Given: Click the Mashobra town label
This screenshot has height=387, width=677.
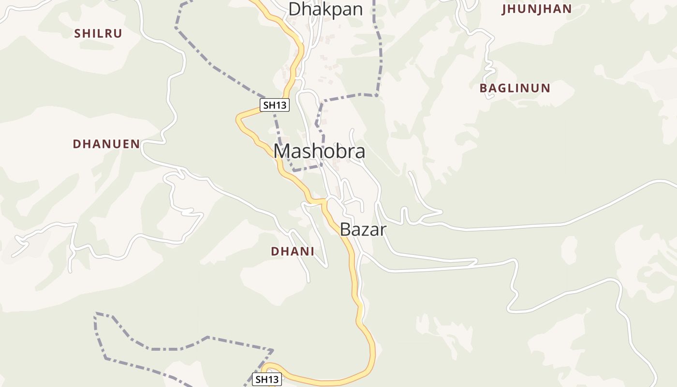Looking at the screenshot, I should click(319, 151).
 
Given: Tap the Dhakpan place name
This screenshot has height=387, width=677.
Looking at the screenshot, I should click(325, 9).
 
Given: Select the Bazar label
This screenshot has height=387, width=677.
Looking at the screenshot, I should click(363, 229).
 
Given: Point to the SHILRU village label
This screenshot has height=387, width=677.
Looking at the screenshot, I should click(98, 33).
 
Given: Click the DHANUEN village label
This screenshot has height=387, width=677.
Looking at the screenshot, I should click(106, 144).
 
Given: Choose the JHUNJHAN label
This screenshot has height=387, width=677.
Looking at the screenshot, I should click(537, 9).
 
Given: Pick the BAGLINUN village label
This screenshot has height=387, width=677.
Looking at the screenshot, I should click(515, 88).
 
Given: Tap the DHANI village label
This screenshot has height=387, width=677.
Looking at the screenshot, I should click(293, 251).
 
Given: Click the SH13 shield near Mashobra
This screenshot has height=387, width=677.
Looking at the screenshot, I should click(275, 105).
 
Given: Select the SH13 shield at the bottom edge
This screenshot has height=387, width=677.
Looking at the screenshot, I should click(267, 379).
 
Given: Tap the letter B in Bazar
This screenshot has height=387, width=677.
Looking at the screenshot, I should click(345, 229).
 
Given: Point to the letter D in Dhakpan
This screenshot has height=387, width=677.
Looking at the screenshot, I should click(294, 9).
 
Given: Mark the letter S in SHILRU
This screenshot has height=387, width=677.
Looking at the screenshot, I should click(77, 33).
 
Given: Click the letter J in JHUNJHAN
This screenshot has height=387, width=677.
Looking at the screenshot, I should click(504, 9).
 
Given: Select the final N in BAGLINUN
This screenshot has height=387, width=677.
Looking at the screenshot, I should click(546, 88).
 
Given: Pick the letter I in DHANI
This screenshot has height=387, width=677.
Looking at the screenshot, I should click(312, 251).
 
